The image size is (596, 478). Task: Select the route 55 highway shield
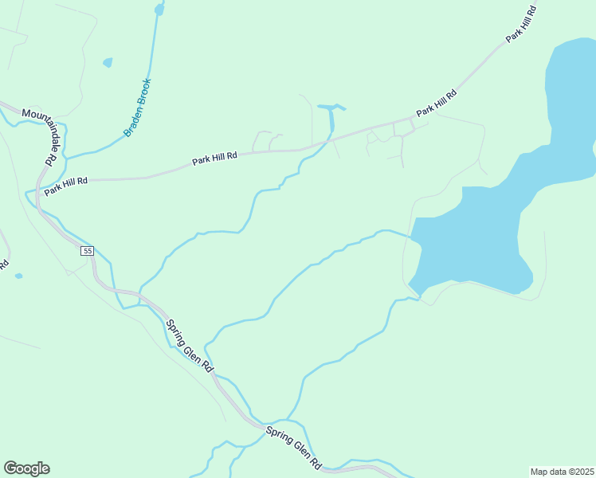(87, 251)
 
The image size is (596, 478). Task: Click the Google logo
(26, 468)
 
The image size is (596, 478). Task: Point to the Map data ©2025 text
(562, 472)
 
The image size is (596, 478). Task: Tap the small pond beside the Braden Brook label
(108, 62)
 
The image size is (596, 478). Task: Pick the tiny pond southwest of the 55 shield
(18, 276)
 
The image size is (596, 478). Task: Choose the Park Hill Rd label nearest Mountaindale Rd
(65, 187)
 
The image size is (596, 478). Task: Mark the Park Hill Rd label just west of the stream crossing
(214, 159)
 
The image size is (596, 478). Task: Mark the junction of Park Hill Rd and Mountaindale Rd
(37, 192)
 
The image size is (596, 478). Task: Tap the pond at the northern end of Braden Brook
(159, 10)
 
